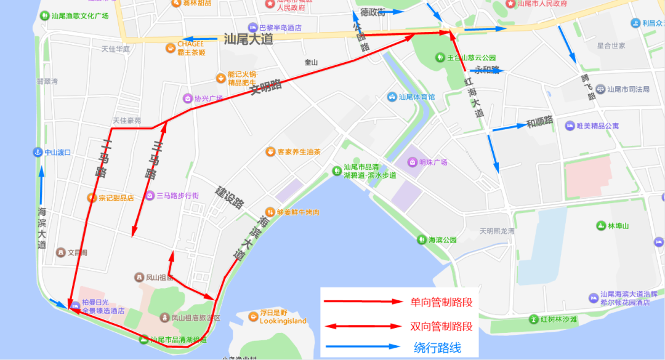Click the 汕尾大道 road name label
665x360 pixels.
point(248,39)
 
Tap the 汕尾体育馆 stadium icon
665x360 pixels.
point(392,97)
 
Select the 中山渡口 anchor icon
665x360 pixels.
point(38,152)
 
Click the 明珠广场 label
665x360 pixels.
point(433,162)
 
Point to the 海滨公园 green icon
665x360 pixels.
point(422,239)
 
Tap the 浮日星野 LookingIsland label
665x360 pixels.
point(283,317)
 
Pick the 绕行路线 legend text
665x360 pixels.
point(437,347)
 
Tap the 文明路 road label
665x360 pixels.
point(265,87)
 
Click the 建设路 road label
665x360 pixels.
point(230,196)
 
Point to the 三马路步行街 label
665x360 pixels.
point(177,196)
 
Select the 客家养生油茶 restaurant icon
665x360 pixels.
point(270,151)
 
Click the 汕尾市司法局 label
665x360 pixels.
point(628,89)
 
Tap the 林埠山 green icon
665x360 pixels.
point(600,226)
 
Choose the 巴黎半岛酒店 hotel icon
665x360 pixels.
point(252,28)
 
